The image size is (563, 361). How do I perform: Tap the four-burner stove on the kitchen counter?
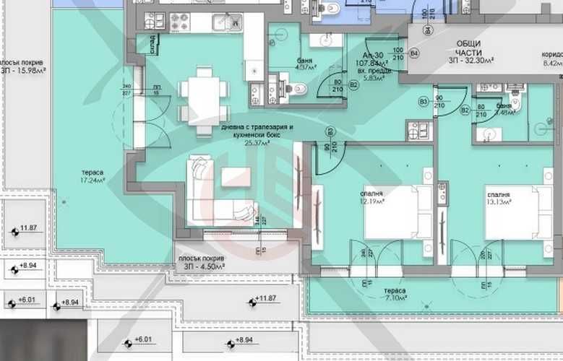pyautogui.click(x=179, y=20)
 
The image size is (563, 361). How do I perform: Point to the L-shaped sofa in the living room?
pyautogui.click(x=206, y=191)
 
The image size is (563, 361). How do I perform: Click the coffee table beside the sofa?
pyautogui.click(x=236, y=178)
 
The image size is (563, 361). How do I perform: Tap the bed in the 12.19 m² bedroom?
pyautogui.click(x=397, y=212)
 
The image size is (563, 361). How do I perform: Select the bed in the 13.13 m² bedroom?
pyautogui.click(x=517, y=212)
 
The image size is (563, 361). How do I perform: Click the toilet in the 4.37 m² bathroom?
pyautogui.click(x=298, y=88)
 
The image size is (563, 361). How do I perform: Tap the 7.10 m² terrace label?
pyautogui.click(x=394, y=294)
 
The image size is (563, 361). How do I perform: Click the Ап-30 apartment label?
pyautogui.click(x=375, y=55)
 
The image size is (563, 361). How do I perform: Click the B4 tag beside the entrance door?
pyautogui.click(x=414, y=53)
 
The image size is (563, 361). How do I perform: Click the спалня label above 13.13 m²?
pyautogui.click(x=499, y=194)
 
